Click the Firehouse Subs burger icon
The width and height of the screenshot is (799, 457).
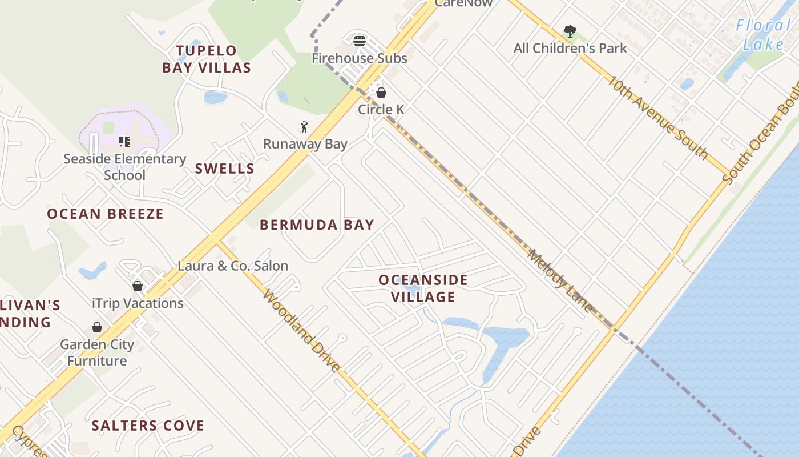(360, 41)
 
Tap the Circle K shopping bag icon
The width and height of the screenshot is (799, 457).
(381, 92)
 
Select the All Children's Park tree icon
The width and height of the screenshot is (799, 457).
(570, 31)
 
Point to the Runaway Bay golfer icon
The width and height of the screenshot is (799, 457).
(304, 127)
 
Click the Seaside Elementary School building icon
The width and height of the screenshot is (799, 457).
(124, 141)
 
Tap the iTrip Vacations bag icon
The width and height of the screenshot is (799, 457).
(138, 286)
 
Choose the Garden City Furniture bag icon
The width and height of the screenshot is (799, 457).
(97, 327)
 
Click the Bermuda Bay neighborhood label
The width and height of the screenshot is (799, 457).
(317, 225)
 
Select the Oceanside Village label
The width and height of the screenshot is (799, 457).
(423, 288)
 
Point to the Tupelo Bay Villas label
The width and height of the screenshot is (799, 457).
(206, 59)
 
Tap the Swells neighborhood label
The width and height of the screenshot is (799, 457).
(225, 169)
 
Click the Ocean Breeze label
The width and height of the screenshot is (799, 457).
(106, 214)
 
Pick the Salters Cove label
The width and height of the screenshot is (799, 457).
(148, 426)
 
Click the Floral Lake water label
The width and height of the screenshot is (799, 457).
(762, 34)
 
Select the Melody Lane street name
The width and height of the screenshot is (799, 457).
(560, 280)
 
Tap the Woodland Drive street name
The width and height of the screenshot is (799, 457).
(302, 330)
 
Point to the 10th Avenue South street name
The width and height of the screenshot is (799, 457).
(657, 117)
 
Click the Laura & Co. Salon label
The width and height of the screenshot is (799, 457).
(233, 266)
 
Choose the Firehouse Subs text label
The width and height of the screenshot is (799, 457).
(360, 58)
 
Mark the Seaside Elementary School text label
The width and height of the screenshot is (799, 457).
(124, 167)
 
